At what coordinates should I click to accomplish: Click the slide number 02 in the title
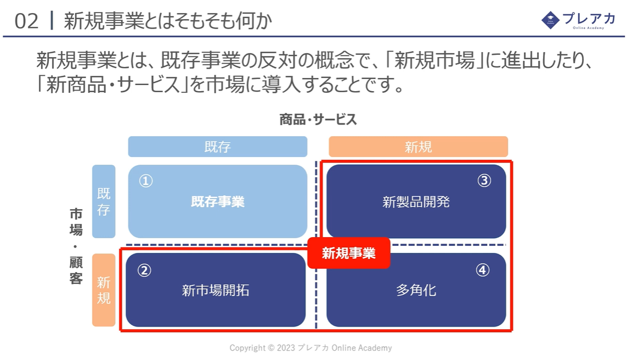pos(26,21)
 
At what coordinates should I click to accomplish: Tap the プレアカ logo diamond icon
pos(550,20)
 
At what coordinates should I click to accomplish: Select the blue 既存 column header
pos(218,147)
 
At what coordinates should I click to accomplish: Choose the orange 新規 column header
pos(418,147)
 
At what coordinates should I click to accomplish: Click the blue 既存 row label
pos(104,201)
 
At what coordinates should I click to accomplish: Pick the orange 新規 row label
pos(104,290)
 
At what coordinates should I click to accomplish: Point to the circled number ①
pos(146,181)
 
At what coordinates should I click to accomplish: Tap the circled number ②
pos(144,270)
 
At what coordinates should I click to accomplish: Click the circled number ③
pos(484,180)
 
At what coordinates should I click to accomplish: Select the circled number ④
pos(482,269)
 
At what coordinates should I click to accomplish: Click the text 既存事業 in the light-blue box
pos(218,201)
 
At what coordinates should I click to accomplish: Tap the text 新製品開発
pos(416,201)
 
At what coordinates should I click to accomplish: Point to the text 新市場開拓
pos(216,290)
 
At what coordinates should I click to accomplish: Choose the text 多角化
pos(416,290)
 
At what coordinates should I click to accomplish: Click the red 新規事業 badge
pos(349,254)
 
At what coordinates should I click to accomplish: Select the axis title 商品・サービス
pos(318,120)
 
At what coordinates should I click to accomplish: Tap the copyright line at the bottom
pos(311,348)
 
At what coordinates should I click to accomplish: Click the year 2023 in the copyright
pos(286,348)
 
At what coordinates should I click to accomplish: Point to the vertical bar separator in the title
pos(52,21)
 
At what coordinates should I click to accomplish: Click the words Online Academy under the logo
pos(589,28)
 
